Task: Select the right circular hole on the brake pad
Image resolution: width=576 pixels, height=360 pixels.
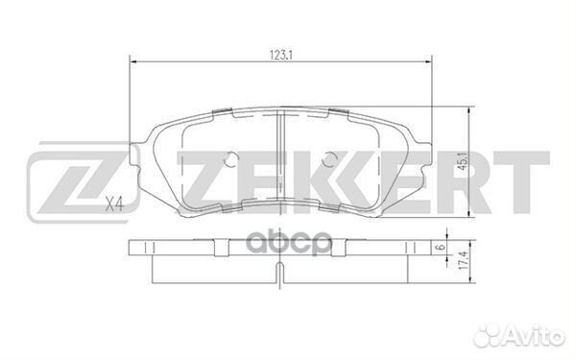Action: tap(329, 159)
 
